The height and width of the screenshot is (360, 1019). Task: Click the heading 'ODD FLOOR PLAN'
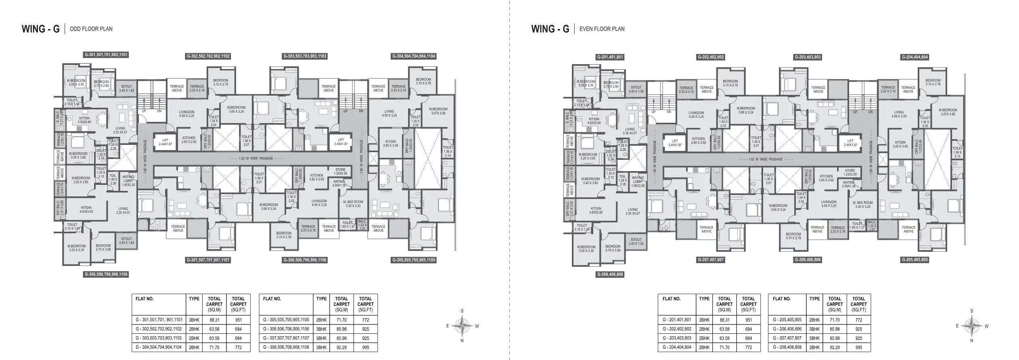pos(91,29)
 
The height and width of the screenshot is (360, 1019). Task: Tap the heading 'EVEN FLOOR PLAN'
pos(602,29)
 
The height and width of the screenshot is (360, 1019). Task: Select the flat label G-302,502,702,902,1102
pos(208,56)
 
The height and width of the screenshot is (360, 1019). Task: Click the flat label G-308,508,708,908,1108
pos(106,274)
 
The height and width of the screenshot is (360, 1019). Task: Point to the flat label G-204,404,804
pos(915,57)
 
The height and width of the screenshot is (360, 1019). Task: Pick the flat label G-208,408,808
pos(610,274)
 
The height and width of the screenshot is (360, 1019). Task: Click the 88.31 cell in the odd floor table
pos(214,320)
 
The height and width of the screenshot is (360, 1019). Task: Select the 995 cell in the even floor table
pos(858,347)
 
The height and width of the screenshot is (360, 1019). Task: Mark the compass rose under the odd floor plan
pos(462,326)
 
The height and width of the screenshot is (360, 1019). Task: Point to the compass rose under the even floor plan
pos(972,326)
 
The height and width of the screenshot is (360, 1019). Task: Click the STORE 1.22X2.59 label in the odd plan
pos(340,172)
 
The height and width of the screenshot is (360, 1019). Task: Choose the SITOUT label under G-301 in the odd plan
pos(126,88)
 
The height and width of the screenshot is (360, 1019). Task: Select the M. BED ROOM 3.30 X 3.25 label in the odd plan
pos(353,204)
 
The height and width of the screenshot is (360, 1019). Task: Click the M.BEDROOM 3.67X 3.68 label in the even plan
pos(948,112)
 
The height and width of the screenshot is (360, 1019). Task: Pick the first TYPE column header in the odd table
pos(194,299)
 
